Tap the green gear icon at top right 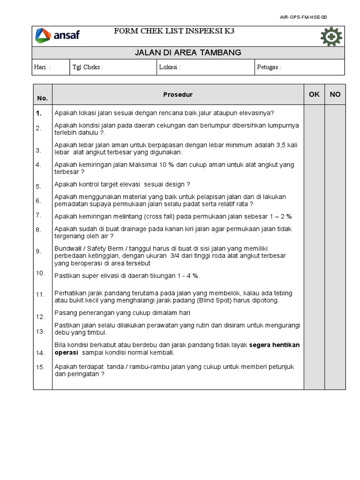[x=331, y=37]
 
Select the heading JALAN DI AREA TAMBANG [x=188, y=52]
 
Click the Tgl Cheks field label [x=88, y=67]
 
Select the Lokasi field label [x=170, y=67]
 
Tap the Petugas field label [x=269, y=67]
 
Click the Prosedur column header [x=178, y=95]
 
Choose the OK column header [x=314, y=94]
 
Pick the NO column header [x=335, y=94]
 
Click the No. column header [x=42, y=98]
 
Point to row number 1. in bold [x=38, y=113]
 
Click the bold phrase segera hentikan [x=274, y=345]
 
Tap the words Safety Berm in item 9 [x=98, y=248]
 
